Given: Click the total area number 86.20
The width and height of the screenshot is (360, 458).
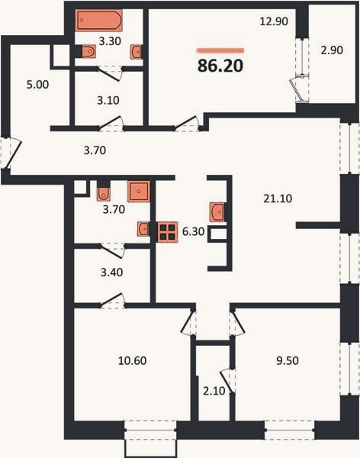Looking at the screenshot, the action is point(220,66).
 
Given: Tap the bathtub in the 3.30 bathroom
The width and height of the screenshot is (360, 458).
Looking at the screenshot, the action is point(99,20).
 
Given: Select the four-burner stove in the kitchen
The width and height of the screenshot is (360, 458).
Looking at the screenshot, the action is point(168,232).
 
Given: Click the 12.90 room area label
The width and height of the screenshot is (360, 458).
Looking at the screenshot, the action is point(274,21).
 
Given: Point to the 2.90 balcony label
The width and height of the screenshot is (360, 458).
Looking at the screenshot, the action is point(332,50).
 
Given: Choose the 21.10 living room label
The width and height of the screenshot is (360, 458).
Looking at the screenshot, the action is point(278,198).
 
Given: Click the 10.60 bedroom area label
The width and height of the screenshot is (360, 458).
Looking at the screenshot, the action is point(132,361).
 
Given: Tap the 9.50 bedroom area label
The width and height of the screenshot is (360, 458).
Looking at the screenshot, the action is point(288,361).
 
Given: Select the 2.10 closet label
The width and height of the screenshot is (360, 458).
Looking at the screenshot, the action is point(214,391).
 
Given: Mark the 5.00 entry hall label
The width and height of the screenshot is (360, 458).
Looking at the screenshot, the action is point(37,85).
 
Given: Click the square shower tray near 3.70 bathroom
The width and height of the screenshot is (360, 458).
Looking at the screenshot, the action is point(139,192).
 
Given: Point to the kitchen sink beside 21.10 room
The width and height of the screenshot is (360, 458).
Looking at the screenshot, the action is point(217,212).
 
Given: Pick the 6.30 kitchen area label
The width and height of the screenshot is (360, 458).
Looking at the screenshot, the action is point(193,231).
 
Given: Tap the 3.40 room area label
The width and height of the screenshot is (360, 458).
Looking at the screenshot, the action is point(111,273).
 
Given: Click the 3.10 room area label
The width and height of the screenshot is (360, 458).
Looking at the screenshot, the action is point(108,101).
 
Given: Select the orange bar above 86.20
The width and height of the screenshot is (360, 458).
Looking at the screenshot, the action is point(220,51).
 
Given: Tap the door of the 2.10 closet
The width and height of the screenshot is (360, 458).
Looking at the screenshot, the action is point(227,381).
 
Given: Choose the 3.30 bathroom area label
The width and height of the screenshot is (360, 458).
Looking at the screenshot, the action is point(110,41).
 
